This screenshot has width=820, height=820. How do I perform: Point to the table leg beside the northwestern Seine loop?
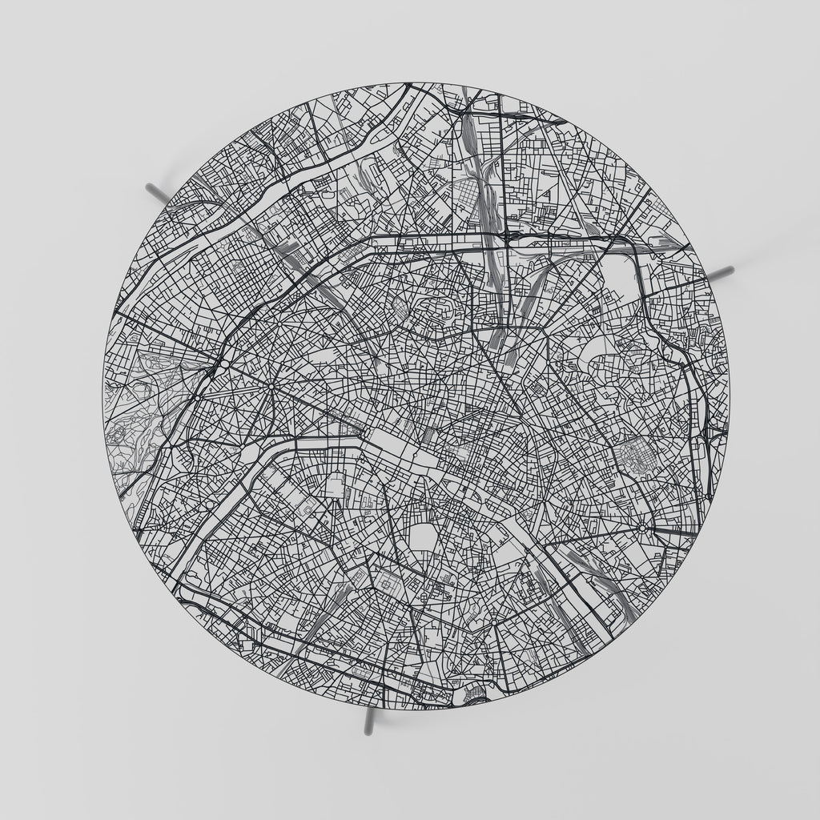tap(157, 192)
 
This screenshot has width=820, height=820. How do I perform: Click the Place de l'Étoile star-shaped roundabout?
tap(271, 388)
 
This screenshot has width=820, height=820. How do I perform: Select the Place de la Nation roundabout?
tap(643, 528)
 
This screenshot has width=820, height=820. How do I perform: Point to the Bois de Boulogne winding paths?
tap(140, 408)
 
